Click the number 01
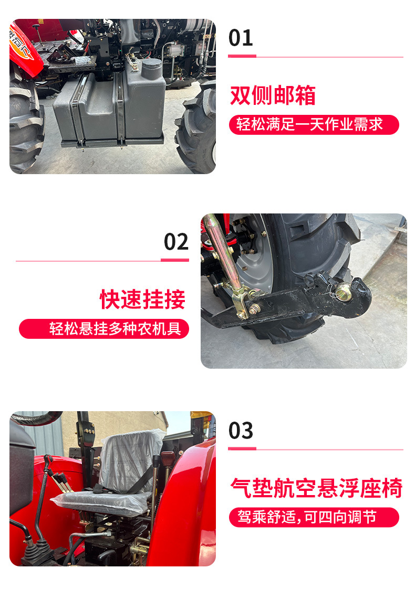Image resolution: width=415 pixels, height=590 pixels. (241, 38)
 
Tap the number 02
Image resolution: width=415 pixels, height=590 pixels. (176, 242)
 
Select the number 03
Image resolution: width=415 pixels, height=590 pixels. (241, 431)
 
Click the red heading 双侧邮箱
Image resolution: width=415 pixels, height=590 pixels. (273, 96)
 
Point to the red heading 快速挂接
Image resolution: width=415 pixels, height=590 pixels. (143, 299)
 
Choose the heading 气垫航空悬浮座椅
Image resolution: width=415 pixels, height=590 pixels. (316, 488)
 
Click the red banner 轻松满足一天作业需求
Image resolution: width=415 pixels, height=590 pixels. (314, 125)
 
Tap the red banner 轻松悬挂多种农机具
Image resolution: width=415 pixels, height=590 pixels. (104, 329)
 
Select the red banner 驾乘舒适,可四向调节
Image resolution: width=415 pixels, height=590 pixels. (314, 517)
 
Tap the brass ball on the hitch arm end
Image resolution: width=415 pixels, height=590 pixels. (344, 293)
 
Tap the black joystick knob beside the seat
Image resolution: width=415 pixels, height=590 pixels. (155, 462)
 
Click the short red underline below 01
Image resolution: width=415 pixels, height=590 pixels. (242, 56)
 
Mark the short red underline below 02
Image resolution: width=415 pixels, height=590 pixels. (174, 260)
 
